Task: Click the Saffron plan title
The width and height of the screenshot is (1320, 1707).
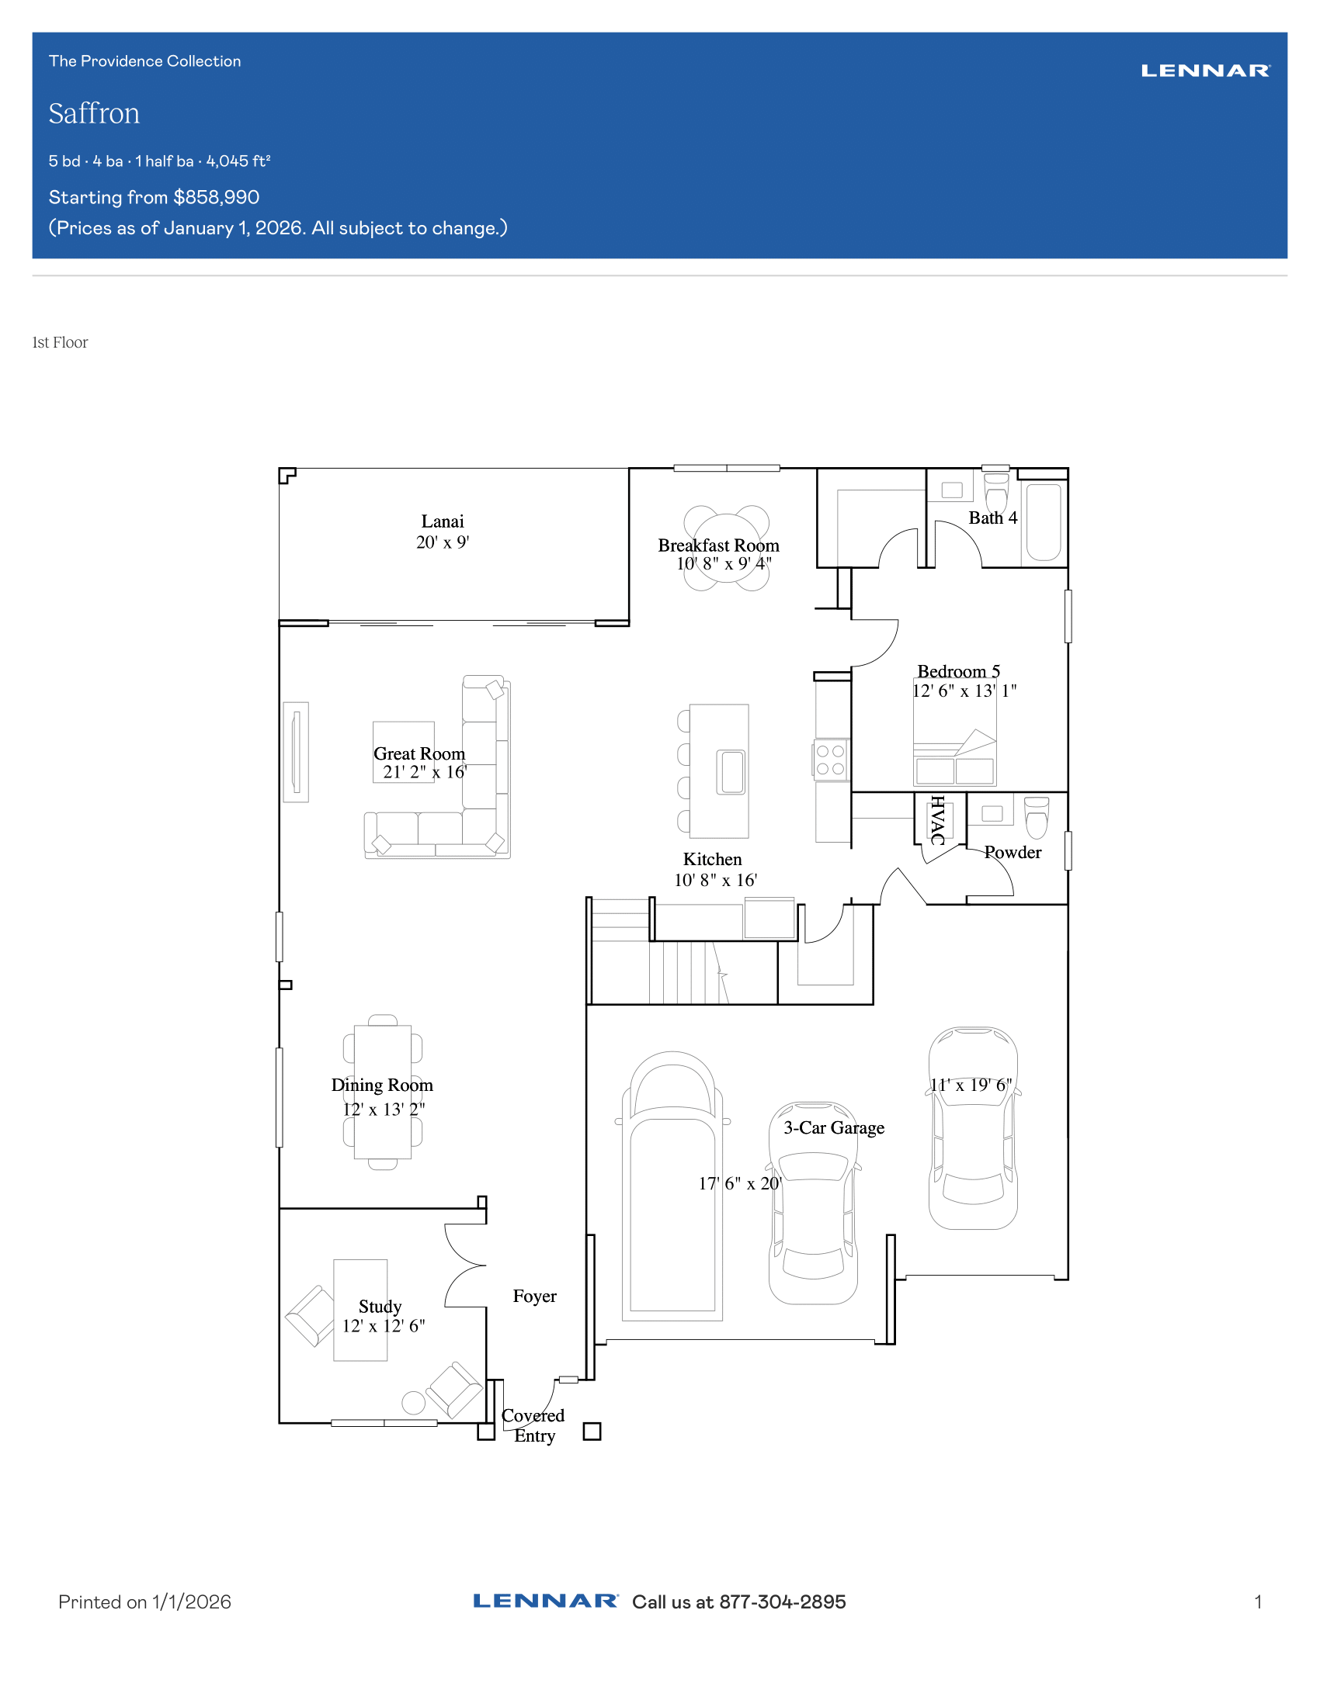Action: coord(94,113)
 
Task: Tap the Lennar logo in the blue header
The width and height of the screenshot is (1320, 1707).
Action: coord(1205,71)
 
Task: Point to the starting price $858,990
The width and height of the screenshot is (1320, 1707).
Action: coord(217,197)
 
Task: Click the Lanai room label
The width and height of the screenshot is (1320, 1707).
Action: coord(443,521)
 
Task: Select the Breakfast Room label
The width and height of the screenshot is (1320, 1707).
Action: coord(719,545)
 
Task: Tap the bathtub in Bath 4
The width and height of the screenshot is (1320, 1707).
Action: coord(1043,522)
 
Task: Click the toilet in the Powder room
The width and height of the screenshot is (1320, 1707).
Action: coord(1036,818)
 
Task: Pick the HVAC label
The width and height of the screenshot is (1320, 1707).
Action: coord(938,820)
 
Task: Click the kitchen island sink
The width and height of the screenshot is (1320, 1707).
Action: coord(732,772)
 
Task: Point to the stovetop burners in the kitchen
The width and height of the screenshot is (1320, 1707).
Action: coord(831,760)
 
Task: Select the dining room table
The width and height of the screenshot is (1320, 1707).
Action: coord(382,1092)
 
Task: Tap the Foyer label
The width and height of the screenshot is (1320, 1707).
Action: coord(535,1296)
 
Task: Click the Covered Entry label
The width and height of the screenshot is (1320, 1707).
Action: coord(533,1425)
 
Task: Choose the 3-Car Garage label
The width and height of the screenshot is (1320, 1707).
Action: coord(835,1128)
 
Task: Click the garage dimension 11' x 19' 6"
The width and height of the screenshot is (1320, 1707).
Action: coord(971,1085)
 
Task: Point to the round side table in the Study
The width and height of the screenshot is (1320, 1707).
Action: coord(414,1403)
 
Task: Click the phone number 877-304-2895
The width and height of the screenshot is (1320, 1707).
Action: coord(783,1602)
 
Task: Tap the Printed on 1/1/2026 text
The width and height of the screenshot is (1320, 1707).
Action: coord(144,1602)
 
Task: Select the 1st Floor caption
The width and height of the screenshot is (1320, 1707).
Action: coord(61,342)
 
